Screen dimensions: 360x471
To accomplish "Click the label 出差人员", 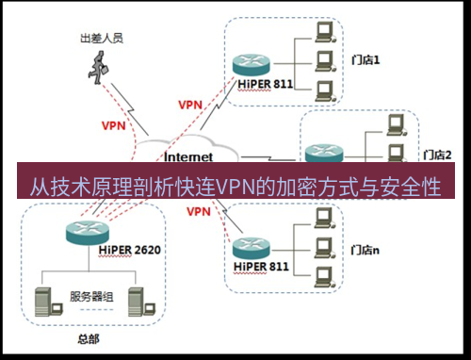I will (101, 40).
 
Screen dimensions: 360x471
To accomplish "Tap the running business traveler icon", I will (100, 65).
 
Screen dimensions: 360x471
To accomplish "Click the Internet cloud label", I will (188, 156).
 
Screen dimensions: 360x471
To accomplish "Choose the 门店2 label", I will (439, 154).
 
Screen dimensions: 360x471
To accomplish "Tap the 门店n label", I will (365, 250).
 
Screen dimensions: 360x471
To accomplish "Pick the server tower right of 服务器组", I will (136, 301).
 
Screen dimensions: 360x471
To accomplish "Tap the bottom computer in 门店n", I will (324, 277).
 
